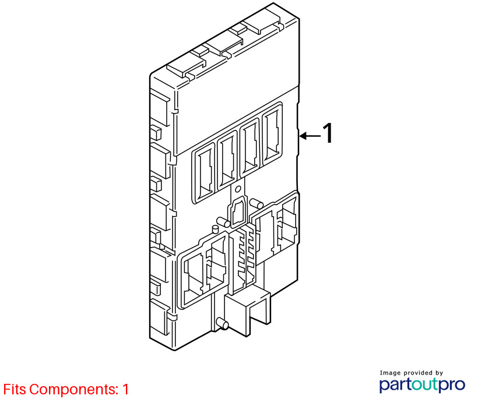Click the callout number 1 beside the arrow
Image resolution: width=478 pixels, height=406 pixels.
328,133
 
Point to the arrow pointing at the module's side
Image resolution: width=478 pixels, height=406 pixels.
310,136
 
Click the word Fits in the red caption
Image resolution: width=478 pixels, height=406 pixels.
15,389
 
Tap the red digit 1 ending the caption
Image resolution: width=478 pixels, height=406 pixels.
125,389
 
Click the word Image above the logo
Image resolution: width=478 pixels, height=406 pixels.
390,373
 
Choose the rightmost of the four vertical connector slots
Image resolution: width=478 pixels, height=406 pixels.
272,135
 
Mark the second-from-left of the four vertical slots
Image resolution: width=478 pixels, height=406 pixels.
227,160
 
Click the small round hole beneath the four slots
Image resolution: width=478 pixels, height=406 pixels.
238,189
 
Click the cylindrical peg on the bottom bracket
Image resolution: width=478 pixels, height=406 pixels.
222,323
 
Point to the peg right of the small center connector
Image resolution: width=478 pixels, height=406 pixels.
256,203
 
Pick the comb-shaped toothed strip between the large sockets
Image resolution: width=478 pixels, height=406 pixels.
243,259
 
